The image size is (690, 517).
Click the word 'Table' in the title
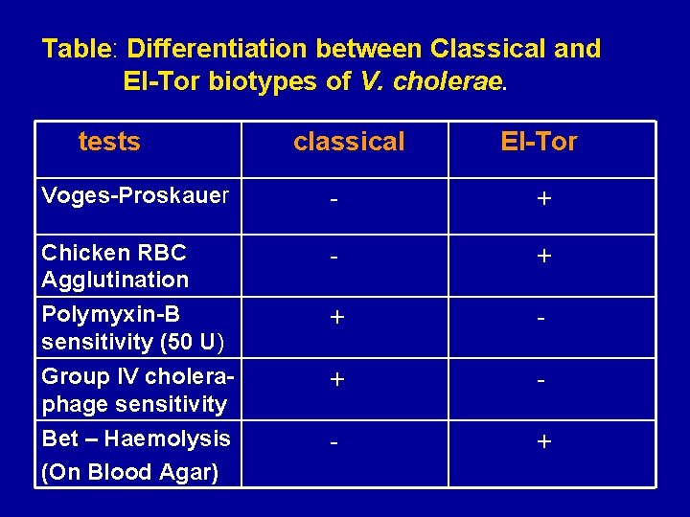point(78,49)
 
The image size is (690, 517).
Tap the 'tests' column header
point(109,143)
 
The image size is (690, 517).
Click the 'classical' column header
point(349,143)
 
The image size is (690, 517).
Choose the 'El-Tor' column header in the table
point(539,143)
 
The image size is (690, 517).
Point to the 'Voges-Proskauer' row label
point(135,196)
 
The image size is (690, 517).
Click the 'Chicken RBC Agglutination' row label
point(115,266)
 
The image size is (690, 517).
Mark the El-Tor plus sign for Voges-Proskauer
point(543,199)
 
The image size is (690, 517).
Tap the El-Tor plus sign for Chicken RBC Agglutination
point(543,258)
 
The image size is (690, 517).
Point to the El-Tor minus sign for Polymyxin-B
point(542,319)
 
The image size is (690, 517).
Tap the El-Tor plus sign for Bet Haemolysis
point(543,442)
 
